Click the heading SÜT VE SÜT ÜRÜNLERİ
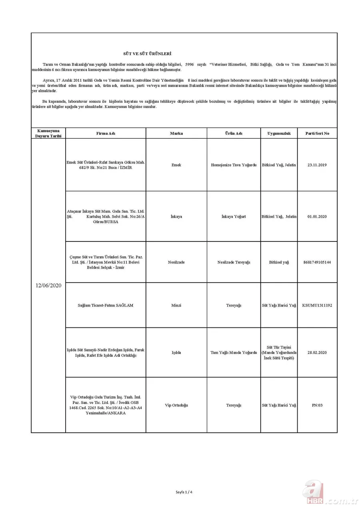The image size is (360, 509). pyautogui.click(x=147, y=53)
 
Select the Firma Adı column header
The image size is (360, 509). pyautogui.click(x=106, y=133)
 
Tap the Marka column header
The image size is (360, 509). pyautogui.click(x=176, y=133)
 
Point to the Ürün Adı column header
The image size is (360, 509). pyautogui.click(x=234, y=133)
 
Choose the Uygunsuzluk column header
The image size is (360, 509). pyautogui.click(x=279, y=133)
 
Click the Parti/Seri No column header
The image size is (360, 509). pyautogui.click(x=317, y=133)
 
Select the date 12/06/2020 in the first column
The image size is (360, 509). pyautogui.click(x=48, y=285)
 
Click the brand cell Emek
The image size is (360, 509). pyautogui.click(x=176, y=165)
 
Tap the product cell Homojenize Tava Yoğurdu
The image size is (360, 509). pyautogui.click(x=234, y=165)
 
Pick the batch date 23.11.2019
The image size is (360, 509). pyautogui.click(x=317, y=165)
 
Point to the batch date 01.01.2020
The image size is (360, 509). pyautogui.click(x=317, y=216)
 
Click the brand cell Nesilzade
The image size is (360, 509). pyautogui.click(x=176, y=262)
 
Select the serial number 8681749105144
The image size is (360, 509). pyautogui.click(x=317, y=262)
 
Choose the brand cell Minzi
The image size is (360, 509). pyautogui.click(x=176, y=305)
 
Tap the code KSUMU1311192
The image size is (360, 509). pyautogui.click(x=317, y=305)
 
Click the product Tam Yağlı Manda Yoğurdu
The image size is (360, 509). pyautogui.click(x=234, y=352)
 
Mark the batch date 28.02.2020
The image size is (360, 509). pyautogui.click(x=317, y=352)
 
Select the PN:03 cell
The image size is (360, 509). pyautogui.click(x=317, y=405)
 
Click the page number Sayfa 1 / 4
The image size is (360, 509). pyautogui.click(x=184, y=492)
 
